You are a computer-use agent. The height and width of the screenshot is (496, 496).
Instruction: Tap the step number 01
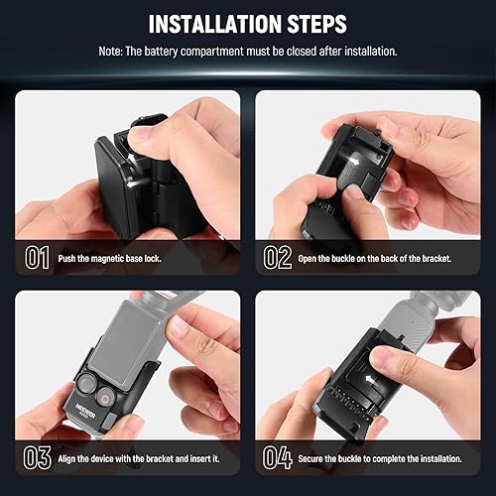[x=37, y=259]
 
